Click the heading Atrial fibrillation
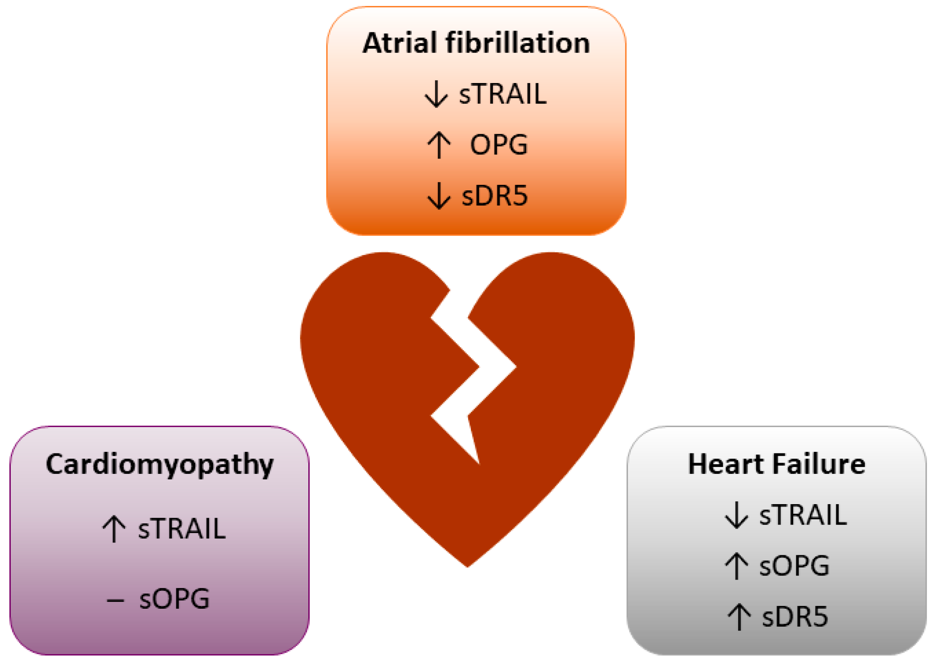point(476,43)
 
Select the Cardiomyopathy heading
point(160,464)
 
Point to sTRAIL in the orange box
point(502,94)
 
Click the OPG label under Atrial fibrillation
point(499,144)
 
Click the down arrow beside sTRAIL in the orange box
point(436,94)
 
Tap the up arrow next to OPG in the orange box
point(439,145)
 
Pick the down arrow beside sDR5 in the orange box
point(439,196)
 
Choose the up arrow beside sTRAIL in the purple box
point(113,529)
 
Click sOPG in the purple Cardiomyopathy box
point(175,599)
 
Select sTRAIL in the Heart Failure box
point(803,515)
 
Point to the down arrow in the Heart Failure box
point(736,515)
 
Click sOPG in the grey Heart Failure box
point(794,566)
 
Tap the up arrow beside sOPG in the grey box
point(736,566)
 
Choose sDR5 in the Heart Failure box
point(795,616)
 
